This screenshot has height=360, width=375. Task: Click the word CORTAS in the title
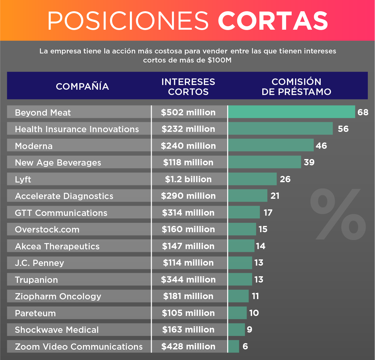(273, 21)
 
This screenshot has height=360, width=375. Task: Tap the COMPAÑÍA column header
(82, 86)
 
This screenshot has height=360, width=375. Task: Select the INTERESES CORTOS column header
(188, 87)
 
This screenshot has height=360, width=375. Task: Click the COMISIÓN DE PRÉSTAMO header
(296, 87)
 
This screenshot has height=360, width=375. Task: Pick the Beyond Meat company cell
(43, 112)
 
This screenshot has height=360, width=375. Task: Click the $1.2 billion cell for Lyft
(188, 179)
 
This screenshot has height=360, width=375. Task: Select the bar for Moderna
(271, 145)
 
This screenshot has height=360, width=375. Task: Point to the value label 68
(363, 112)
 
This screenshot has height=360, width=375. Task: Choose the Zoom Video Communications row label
(79, 347)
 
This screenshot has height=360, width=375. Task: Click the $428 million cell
(188, 346)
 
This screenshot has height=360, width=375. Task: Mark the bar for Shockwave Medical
(236, 330)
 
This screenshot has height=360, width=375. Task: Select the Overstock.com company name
(47, 229)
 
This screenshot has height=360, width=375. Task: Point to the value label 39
(309, 162)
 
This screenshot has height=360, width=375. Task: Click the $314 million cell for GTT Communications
(188, 213)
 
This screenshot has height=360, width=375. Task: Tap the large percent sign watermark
(338, 214)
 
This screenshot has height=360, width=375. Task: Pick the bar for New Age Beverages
(264, 162)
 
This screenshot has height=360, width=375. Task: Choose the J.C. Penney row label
(40, 263)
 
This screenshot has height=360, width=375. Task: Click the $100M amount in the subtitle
(220, 60)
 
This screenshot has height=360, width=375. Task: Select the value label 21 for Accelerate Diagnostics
(275, 196)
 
